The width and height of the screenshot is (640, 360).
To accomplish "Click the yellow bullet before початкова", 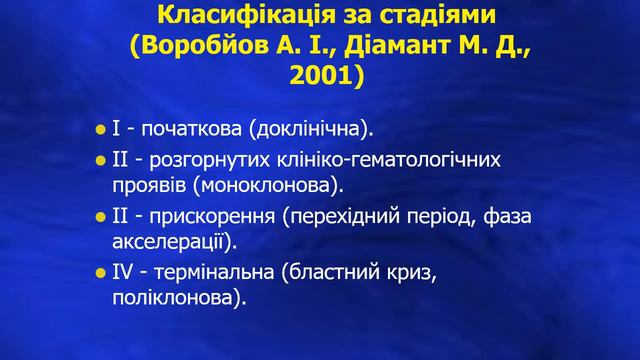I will pyautogui.click(x=100, y=131).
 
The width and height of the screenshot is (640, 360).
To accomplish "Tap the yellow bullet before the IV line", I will pyautogui.click(x=100, y=273).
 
